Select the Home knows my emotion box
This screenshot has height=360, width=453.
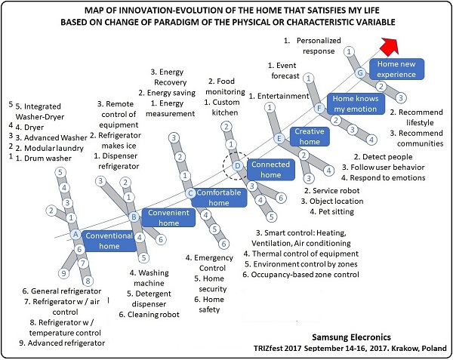click(x=356, y=103)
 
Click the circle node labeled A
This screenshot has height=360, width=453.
click(x=75, y=235)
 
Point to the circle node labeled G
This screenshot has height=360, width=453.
click(x=361, y=73)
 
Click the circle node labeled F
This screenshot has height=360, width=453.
click(x=319, y=108)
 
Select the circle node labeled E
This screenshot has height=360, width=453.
click(x=279, y=138)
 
